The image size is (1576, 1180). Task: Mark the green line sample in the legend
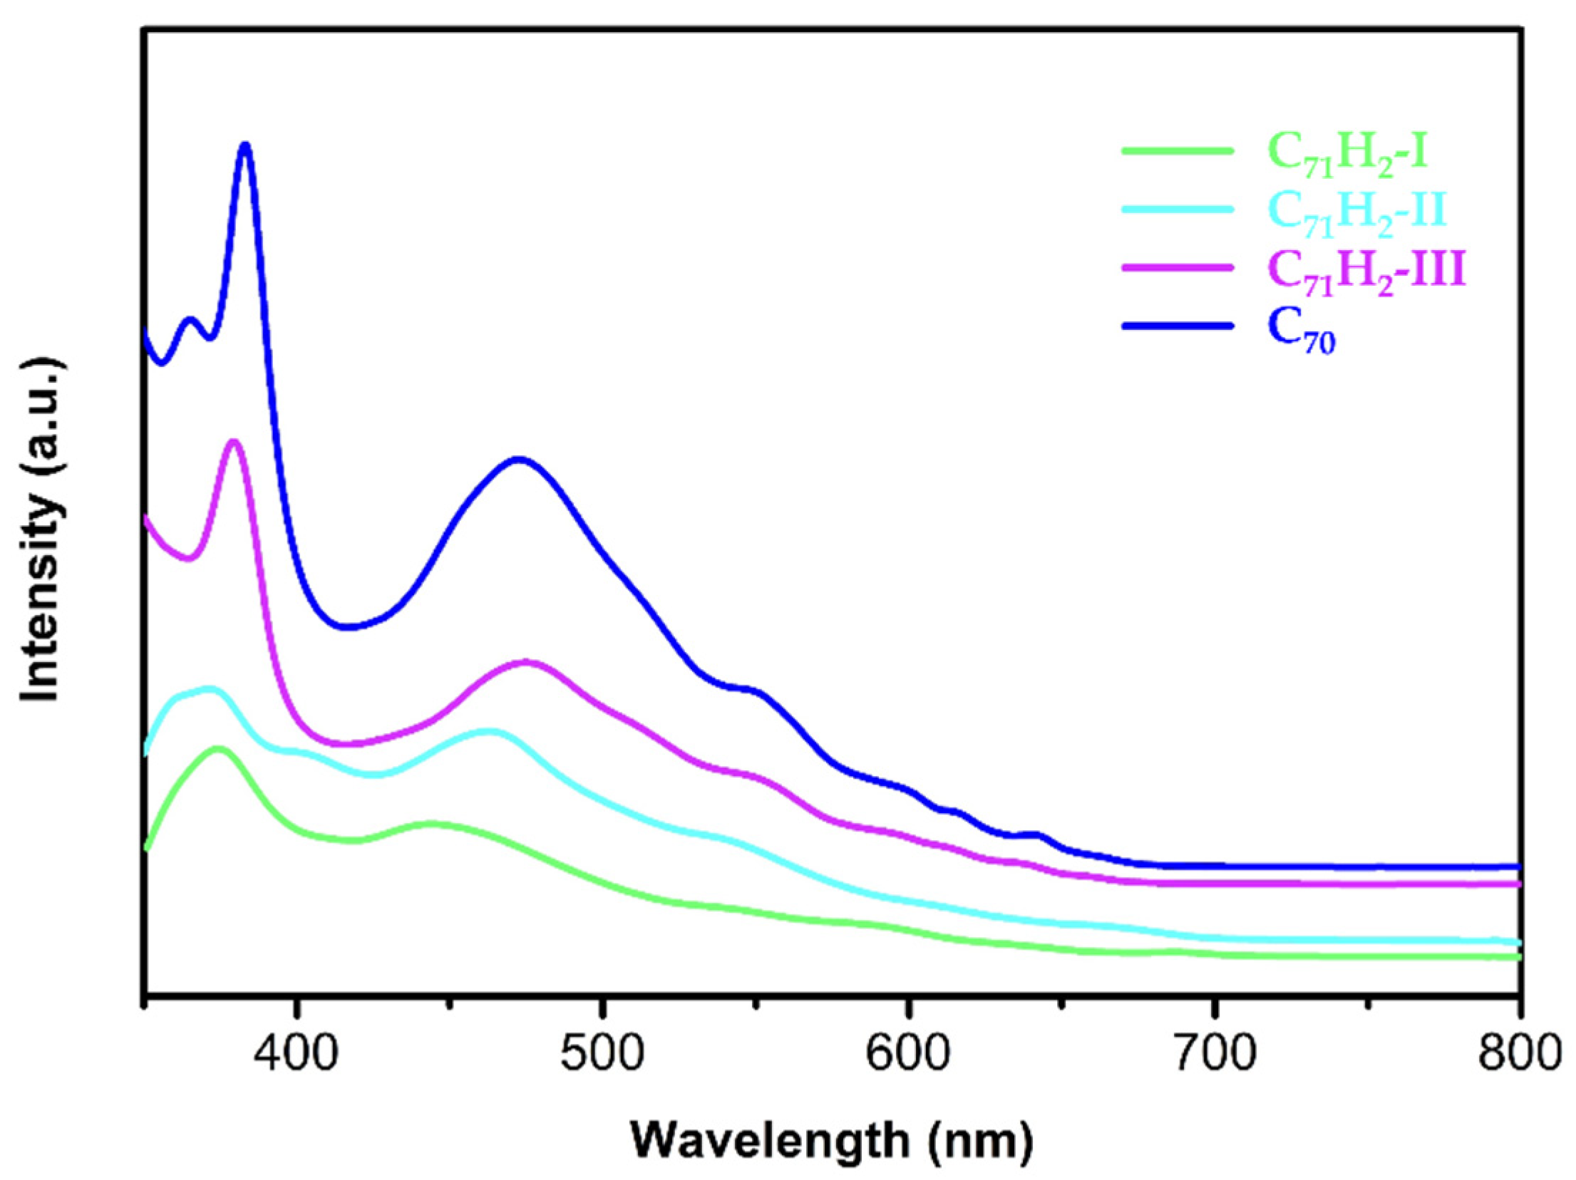click(x=1177, y=150)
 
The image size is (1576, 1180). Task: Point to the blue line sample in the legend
click(x=1177, y=326)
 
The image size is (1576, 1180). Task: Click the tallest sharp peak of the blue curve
click(x=246, y=146)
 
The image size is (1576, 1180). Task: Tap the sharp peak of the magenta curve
click(x=233, y=442)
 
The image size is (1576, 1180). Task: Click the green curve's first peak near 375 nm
click(x=218, y=749)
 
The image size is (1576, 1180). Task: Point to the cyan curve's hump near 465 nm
click(x=489, y=732)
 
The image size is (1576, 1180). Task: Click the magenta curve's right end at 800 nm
click(x=1516, y=884)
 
